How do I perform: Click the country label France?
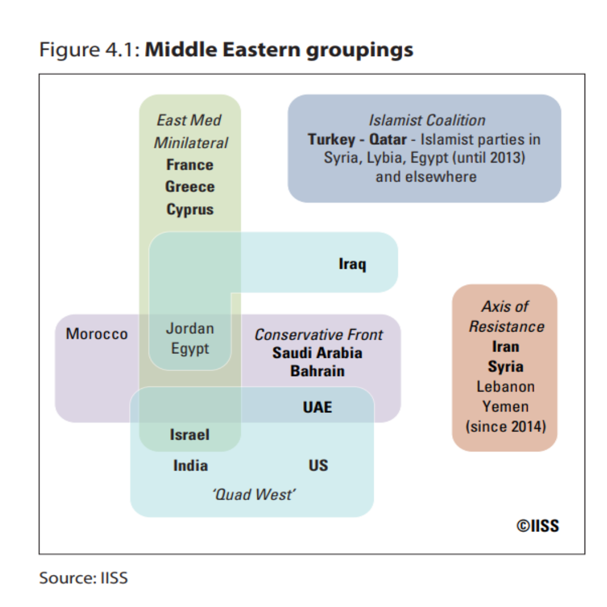coord(190,165)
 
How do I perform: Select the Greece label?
coord(190,187)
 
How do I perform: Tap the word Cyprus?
coord(190,210)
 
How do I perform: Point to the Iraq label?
coord(352,265)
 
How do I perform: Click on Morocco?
coord(97,334)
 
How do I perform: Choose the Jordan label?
coord(190,329)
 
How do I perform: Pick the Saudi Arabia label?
coord(317,352)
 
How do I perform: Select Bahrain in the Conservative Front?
coord(317,371)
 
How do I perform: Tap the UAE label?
coord(317,407)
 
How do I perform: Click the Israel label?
coord(190,435)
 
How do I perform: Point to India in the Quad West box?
coord(190,466)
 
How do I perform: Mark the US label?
coord(318,466)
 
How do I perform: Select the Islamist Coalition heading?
coord(426,120)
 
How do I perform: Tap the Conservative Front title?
coord(319,334)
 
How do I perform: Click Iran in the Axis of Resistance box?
coord(505,346)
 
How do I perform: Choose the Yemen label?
coord(505,407)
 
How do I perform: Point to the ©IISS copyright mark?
coord(537,526)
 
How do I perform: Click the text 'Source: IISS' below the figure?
coord(84,578)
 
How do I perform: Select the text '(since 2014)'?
coord(505,427)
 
